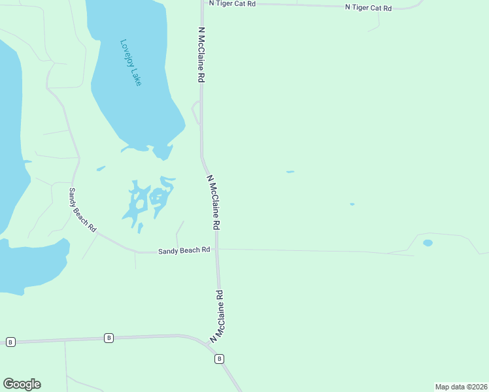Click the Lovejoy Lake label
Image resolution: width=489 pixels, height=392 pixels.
click(131, 63)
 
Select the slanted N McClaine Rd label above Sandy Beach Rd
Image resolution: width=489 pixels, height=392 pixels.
click(213, 202)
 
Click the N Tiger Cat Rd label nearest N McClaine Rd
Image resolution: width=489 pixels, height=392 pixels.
click(232, 3)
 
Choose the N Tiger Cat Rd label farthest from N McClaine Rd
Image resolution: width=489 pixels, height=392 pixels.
click(368, 8)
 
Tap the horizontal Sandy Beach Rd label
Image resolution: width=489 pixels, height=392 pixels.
click(184, 250)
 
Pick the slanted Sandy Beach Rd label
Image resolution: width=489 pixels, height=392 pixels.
click(83, 210)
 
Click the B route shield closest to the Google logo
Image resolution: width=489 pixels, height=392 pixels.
click(10, 342)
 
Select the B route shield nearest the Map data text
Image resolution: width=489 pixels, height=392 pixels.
click(220, 359)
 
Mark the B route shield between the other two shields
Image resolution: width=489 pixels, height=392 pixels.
click(109, 338)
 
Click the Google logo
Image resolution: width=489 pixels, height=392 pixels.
click(22, 384)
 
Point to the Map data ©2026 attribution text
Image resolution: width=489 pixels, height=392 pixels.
click(461, 387)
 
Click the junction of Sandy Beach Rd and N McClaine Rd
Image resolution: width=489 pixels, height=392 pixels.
click(218, 249)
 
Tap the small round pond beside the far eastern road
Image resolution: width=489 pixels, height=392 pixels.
click(428, 243)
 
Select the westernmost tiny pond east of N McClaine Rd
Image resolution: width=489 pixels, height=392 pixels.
click(290, 172)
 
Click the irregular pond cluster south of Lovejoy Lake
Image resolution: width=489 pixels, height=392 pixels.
click(149, 199)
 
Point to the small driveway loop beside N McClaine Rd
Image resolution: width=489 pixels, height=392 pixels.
click(195, 112)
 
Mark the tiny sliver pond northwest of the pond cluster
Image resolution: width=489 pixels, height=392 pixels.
click(101, 168)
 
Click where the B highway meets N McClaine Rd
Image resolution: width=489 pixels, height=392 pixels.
click(212, 347)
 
